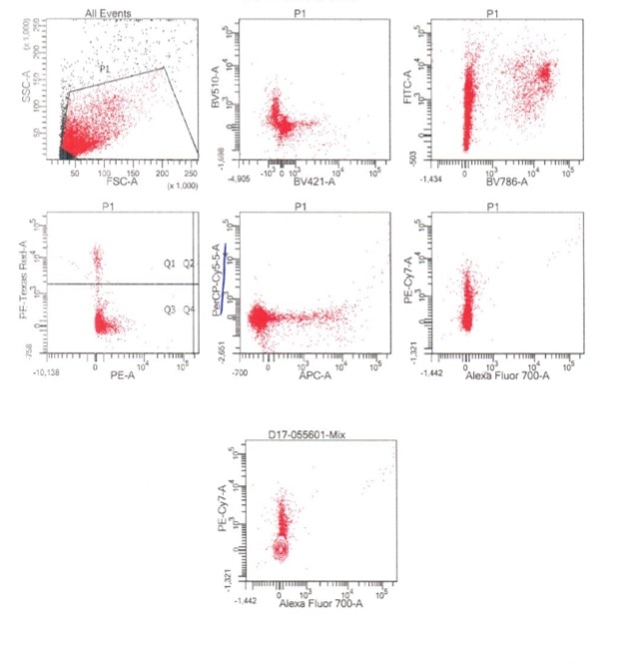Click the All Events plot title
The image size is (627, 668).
pos(109,13)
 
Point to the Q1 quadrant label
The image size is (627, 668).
pos(170,264)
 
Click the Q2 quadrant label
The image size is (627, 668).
pos(188,264)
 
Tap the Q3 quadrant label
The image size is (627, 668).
pos(170,310)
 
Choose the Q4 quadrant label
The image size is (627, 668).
pos(188,310)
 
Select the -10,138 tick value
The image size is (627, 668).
pos(49,372)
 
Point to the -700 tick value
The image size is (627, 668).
pos(238,371)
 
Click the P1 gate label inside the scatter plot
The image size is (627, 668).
pos(103,67)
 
